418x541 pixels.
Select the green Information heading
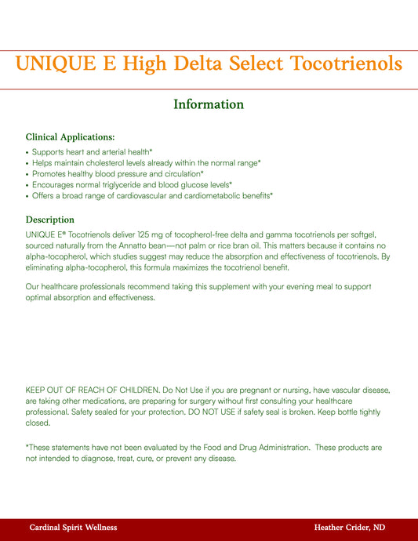(x=209, y=104)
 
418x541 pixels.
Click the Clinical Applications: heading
(x=70, y=137)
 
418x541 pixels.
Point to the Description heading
(x=50, y=220)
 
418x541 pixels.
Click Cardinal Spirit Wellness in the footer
(x=73, y=528)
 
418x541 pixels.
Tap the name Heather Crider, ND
(x=349, y=528)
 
